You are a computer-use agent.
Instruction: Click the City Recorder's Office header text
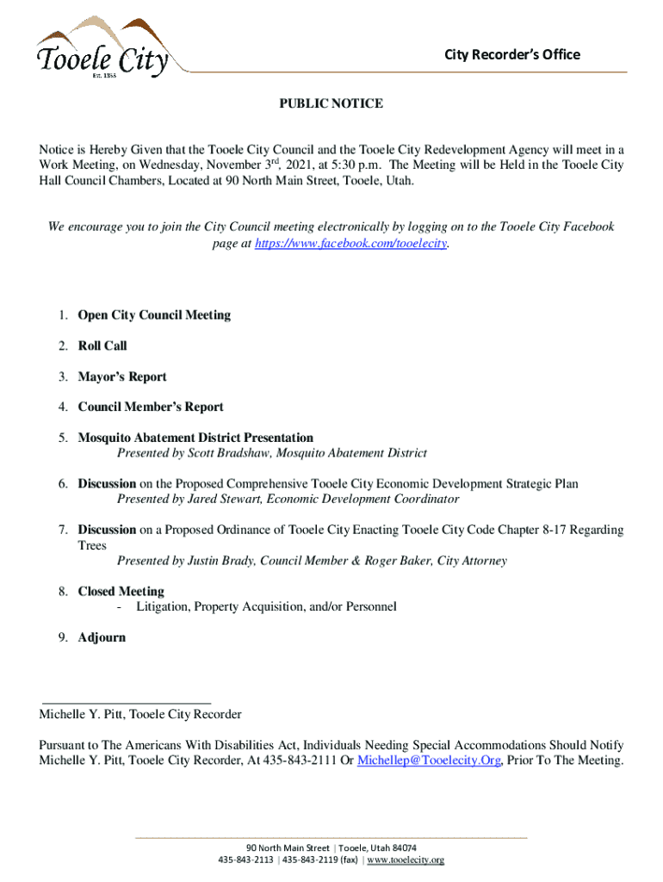coord(511,55)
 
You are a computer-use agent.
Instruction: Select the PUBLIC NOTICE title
coord(331,103)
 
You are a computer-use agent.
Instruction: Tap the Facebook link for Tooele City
coord(352,244)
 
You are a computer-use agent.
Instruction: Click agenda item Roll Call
coord(102,346)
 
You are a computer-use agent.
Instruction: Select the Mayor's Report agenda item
coord(122,377)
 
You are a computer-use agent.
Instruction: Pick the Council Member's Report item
coord(151,407)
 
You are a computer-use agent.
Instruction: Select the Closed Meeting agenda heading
coord(121,592)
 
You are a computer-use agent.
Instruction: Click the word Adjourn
coord(102,638)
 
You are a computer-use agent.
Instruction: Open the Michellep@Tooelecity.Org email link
coord(429,761)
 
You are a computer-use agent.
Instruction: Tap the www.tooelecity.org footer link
coord(406,860)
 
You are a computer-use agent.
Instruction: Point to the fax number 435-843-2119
coord(308,860)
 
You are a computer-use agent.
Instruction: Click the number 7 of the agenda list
coord(63,531)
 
